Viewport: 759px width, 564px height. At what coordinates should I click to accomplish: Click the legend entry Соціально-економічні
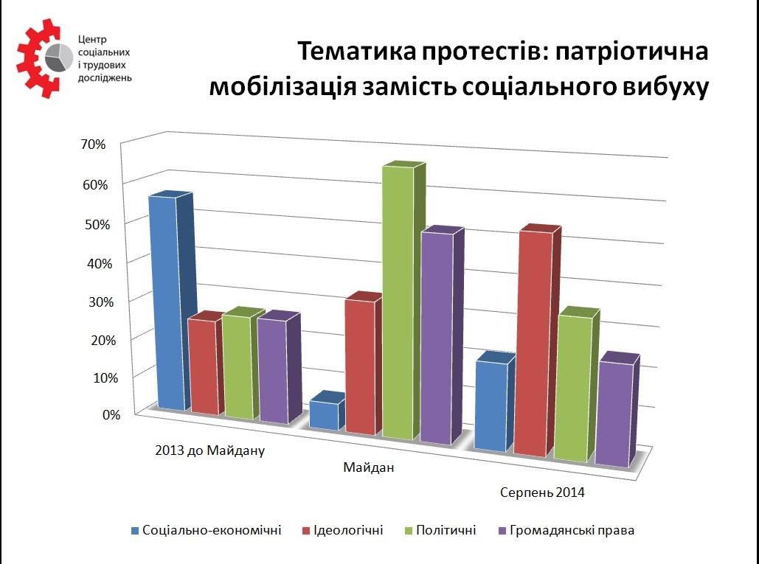[x=207, y=530]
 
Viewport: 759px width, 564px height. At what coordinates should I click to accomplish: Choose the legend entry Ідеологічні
[x=343, y=530]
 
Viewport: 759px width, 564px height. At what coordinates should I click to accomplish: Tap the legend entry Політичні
[x=440, y=530]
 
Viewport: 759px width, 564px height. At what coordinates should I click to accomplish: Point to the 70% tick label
[x=93, y=145]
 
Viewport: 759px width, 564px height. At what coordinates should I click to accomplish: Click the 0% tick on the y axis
[x=111, y=414]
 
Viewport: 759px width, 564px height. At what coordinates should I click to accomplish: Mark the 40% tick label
[x=100, y=264]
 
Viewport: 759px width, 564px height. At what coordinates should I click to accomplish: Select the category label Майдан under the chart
[x=369, y=467]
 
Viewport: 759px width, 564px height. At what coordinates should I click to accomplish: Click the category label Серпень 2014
[x=542, y=493]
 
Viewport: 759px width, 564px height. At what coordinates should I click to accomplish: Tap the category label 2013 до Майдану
[x=210, y=450]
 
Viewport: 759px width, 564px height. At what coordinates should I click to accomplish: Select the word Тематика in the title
[x=356, y=52]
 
